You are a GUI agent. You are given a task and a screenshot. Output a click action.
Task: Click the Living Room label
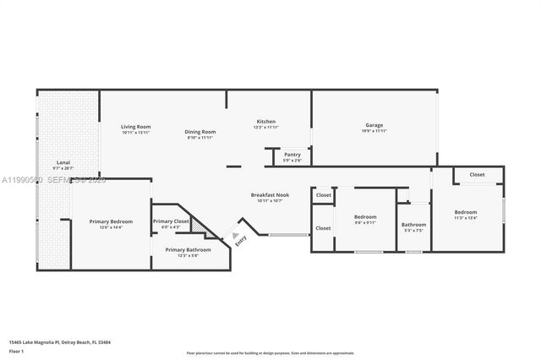coord(135,127)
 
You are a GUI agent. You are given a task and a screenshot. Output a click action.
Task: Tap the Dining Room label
coord(201,131)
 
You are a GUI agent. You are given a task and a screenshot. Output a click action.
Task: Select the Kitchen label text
coord(266,122)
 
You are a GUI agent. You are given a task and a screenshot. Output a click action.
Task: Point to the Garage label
coord(374,125)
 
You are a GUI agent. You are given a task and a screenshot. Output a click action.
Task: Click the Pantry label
coord(292,155)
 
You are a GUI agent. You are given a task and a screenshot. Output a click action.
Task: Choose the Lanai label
coord(63,162)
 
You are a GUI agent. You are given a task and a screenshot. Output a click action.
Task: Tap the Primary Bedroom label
coord(111,221)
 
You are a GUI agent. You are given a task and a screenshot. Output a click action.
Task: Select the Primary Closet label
coord(172,221)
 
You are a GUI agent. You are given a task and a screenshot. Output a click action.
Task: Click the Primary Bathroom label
coord(188,249)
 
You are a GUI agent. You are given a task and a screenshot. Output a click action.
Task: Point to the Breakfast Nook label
coord(270,195)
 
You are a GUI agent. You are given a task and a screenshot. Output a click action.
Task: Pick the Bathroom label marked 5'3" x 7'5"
coord(413,225)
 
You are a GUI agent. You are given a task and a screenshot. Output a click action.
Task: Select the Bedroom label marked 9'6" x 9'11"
coord(365,217)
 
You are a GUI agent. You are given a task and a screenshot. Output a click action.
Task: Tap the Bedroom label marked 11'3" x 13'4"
coord(466,212)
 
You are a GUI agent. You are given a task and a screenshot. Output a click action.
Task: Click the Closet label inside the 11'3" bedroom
coord(477,175)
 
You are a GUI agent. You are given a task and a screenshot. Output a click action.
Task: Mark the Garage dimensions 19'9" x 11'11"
coord(374,131)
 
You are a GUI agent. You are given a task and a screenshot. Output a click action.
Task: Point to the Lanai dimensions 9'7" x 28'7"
coord(63,168)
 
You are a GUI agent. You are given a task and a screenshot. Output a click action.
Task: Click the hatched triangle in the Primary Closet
coord(198,226)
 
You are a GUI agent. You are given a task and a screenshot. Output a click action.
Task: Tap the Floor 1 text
coord(16,351)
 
